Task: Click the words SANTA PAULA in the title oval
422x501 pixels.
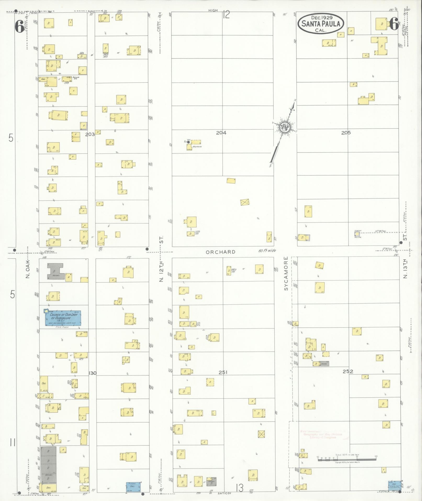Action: pos(321,24)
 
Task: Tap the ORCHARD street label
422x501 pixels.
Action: pos(220,252)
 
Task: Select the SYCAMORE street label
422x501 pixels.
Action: pos(286,273)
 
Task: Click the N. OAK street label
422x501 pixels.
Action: pos(28,269)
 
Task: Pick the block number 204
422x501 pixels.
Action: pos(221,133)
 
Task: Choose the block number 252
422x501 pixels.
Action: pos(348,371)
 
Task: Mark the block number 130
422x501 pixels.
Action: pos(92,373)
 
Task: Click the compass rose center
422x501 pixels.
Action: pos(284,128)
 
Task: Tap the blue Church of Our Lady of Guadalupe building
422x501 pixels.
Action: pos(63,318)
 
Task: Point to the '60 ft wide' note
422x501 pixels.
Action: pos(267,251)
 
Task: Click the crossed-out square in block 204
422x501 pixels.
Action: pos(245,202)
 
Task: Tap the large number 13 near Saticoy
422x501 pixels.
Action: pos(239,488)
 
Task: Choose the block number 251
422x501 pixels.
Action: pos(223,372)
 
